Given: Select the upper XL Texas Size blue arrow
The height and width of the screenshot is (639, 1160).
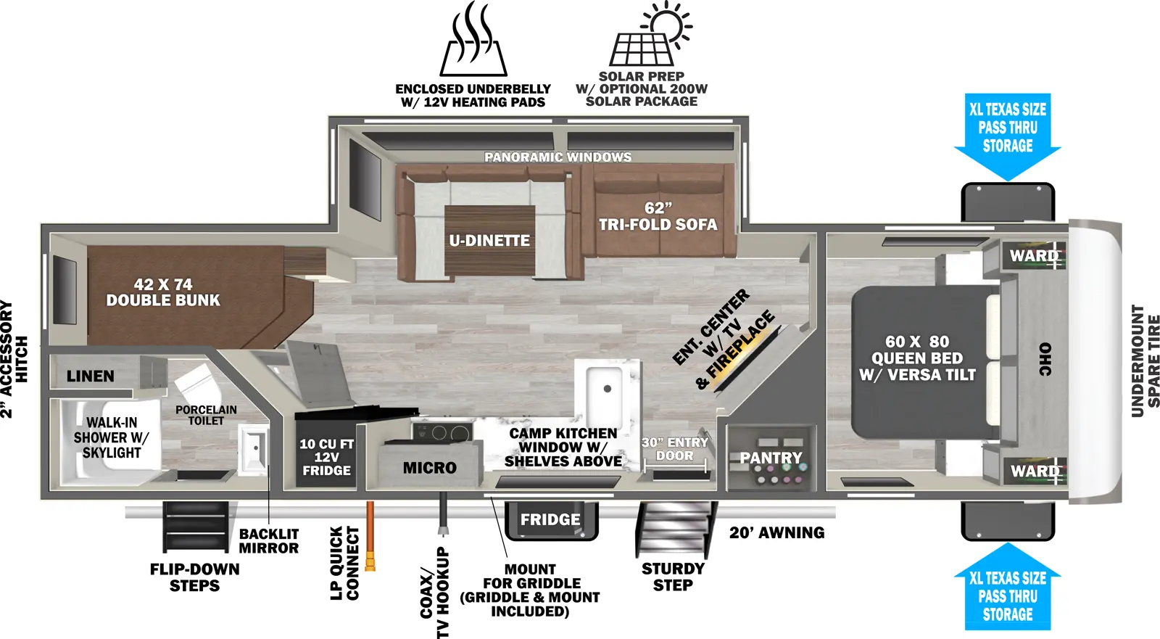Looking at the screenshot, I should pos(1007,135).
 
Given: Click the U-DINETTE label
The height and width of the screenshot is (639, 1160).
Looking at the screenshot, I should pos(489,241).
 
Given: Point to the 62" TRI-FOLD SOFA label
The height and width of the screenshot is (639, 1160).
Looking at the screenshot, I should pos(658,217).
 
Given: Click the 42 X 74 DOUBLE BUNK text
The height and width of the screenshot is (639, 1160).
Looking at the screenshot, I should pos(163,292).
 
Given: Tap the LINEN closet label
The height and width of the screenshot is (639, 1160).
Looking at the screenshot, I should pos(91,376).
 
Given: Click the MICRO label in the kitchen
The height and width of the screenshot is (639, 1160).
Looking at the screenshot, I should pos(429,469).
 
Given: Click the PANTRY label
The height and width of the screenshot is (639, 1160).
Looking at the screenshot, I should pos(771,458).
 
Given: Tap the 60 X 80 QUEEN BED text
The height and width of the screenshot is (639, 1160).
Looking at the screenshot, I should pos(917,358).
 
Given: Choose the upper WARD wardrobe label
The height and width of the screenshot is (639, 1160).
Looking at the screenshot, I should pos(1035,255).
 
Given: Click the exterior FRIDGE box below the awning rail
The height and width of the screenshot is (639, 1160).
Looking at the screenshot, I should pos(550,520).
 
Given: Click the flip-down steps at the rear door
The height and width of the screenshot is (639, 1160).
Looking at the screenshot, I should pos(194,527).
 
